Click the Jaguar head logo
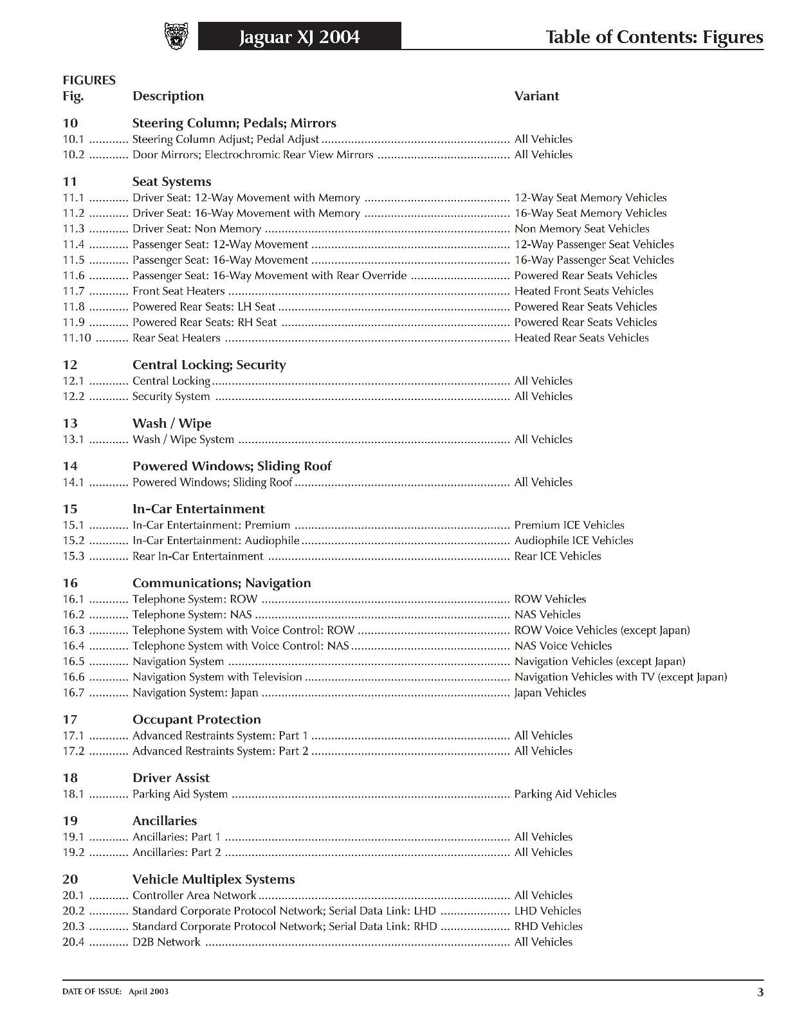point(176,36)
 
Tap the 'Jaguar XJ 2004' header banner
point(299,37)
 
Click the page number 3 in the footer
point(760,992)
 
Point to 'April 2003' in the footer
point(149,991)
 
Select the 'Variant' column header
point(536,96)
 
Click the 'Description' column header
point(168,96)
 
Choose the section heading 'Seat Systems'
point(172,181)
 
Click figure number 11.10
point(77,338)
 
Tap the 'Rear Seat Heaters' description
point(176,338)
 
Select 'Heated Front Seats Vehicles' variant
point(583,291)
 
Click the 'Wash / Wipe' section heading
point(172,423)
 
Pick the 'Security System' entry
point(171,396)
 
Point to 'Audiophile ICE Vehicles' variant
point(574,540)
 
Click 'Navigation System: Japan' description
point(195,693)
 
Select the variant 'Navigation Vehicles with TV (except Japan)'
point(621,677)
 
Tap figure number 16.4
point(73,646)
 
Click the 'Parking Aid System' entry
point(180,794)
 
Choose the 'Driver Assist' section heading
point(171,778)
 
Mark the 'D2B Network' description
point(167,942)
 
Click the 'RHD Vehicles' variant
point(548,926)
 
